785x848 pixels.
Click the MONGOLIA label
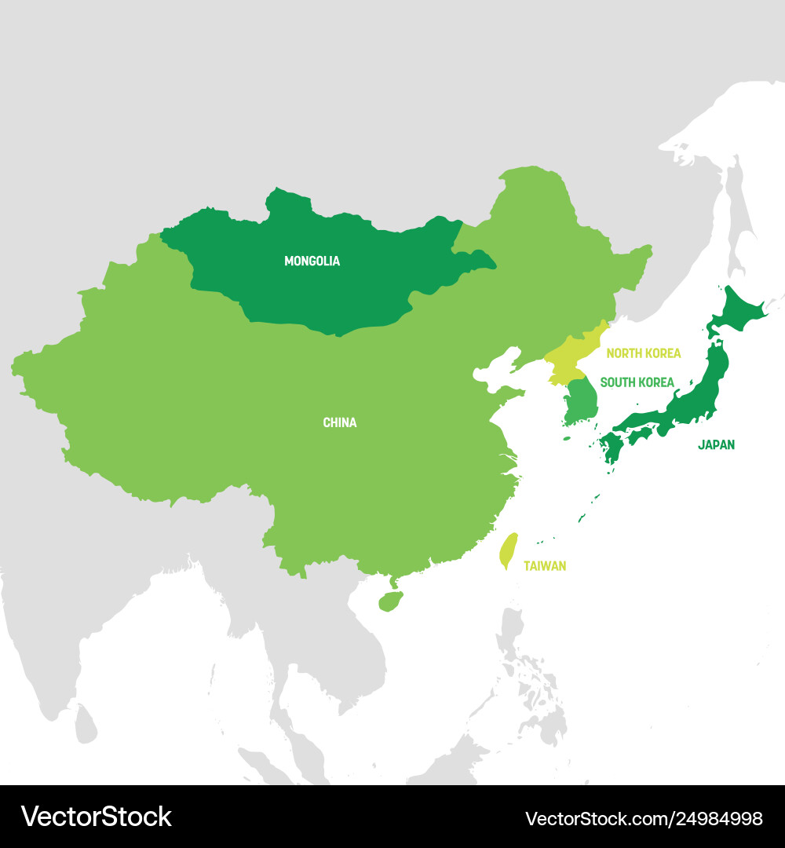(x=312, y=261)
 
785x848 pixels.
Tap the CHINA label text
(x=339, y=423)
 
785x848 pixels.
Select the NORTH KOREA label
(x=643, y=354)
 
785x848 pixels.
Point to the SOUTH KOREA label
(x=637, y=382)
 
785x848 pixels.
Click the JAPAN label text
(x=716, y=445)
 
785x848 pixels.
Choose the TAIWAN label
(x=545, y=566)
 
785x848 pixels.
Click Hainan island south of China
(x=390, y=602)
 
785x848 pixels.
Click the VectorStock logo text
(x=97, y=817)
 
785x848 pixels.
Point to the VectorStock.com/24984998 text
(x=643, y=817)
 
